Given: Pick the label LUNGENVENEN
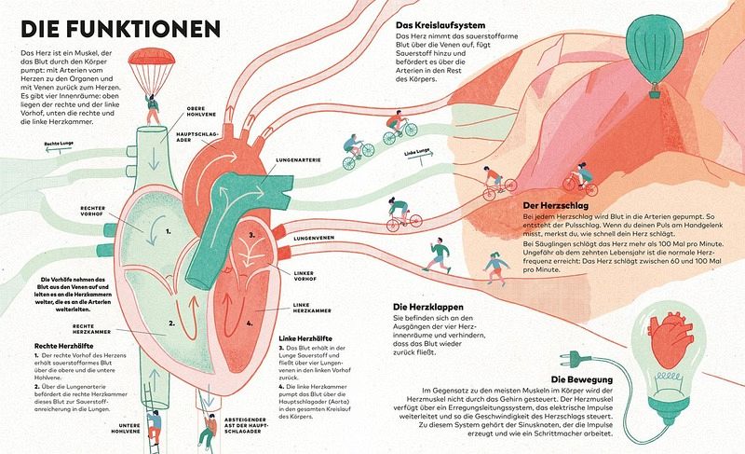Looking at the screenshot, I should tap(315, 240).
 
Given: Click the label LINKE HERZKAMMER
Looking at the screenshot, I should tap(313, 307).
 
